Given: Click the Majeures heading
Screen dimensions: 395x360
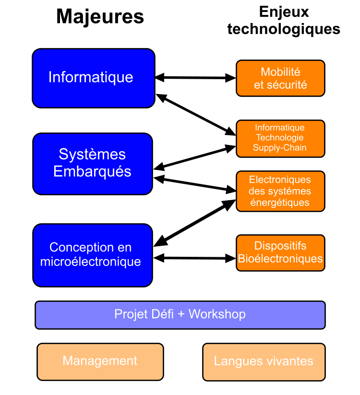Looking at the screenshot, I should [100, 17].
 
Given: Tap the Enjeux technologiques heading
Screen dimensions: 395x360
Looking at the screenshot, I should [283, 21].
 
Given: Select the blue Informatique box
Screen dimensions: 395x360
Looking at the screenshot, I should [93, 78].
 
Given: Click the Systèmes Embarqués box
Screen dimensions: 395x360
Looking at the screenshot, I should [92, 163].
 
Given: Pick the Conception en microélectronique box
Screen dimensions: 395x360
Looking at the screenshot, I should [92, 255].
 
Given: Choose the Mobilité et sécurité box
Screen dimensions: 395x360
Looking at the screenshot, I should [280, 78].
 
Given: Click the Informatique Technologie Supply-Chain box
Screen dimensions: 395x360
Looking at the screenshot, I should [280, 138].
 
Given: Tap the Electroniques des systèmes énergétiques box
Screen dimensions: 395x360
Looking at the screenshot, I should [280, 191].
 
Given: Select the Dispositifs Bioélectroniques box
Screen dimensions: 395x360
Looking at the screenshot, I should [280, 252].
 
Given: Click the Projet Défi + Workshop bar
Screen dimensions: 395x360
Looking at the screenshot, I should [180, 315].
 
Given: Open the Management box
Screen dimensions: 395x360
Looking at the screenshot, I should [100, 361].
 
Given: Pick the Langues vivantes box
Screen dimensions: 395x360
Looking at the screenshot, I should [264, 361].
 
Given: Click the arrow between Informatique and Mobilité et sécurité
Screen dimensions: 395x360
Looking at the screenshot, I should [195, 77].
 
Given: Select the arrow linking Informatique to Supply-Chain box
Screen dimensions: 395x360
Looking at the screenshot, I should [196, 114].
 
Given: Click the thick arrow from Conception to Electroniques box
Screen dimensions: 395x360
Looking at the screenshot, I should [195, 223].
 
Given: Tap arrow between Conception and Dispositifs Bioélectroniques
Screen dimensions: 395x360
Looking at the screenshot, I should [195, 258].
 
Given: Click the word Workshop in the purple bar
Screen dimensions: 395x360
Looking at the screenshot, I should [217, 315].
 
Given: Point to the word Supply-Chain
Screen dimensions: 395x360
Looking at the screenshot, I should [280, 148].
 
